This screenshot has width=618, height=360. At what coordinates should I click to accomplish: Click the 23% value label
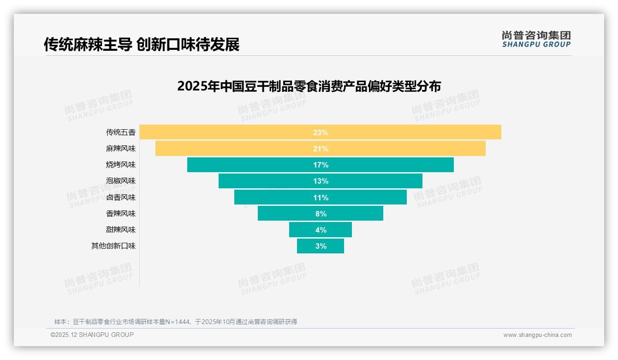click(x=321, y=132)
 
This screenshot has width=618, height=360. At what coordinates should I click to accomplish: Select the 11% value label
click(x=321, y=198)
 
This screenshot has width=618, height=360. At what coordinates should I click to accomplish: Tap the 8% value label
click(x=321, y=214)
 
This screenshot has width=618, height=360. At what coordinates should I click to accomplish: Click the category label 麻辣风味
click(x=121, y=149)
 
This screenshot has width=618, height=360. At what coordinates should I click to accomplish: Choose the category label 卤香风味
click(x=121, y=198)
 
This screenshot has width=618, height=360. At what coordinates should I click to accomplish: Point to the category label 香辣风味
click(x=121, y=214)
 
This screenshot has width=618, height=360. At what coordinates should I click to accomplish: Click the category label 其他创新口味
click(x=113, y=246)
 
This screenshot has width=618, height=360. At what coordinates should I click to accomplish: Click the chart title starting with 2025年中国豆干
click(x=309, y=86)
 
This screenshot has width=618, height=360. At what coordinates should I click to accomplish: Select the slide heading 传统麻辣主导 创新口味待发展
click(x=142, y=45)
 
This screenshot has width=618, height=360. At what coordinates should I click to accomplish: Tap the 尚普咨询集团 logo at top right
click(x=536, y=39)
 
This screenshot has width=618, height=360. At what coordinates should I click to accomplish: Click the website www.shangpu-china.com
click(x=537, y=335)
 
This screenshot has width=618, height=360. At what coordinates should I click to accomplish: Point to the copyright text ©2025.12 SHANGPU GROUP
click(x=92, y=335)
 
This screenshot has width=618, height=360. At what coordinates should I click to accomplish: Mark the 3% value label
click(x=321, y=246)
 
